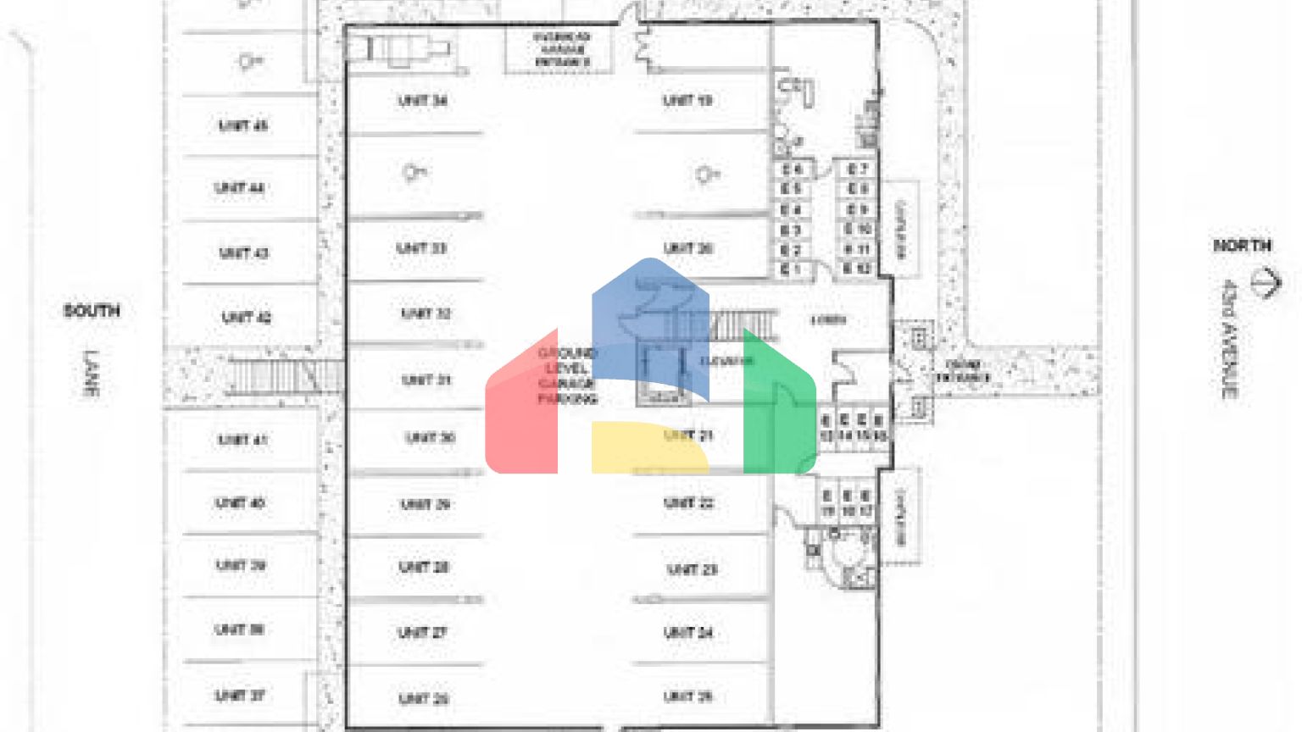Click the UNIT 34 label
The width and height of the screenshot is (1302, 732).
422,101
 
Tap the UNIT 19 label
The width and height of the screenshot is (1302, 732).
687,101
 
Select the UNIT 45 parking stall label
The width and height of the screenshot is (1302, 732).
242,125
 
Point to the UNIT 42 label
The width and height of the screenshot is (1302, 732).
246,318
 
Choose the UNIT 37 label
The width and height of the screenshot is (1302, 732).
240,696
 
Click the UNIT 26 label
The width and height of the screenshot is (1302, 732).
423,699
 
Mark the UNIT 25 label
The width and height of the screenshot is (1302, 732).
687,696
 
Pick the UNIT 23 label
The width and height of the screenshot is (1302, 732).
692,569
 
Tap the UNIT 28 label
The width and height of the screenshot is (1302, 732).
423,567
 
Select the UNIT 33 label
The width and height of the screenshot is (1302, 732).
421,248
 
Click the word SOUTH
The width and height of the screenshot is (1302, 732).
92,311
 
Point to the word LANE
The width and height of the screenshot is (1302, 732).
91,373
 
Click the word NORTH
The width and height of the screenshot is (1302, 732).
1242,246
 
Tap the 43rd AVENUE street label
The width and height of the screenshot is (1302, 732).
1229,339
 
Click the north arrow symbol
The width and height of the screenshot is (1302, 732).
1266,282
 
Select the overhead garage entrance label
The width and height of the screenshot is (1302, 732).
561,50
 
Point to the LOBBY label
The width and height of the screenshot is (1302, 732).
828,320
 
